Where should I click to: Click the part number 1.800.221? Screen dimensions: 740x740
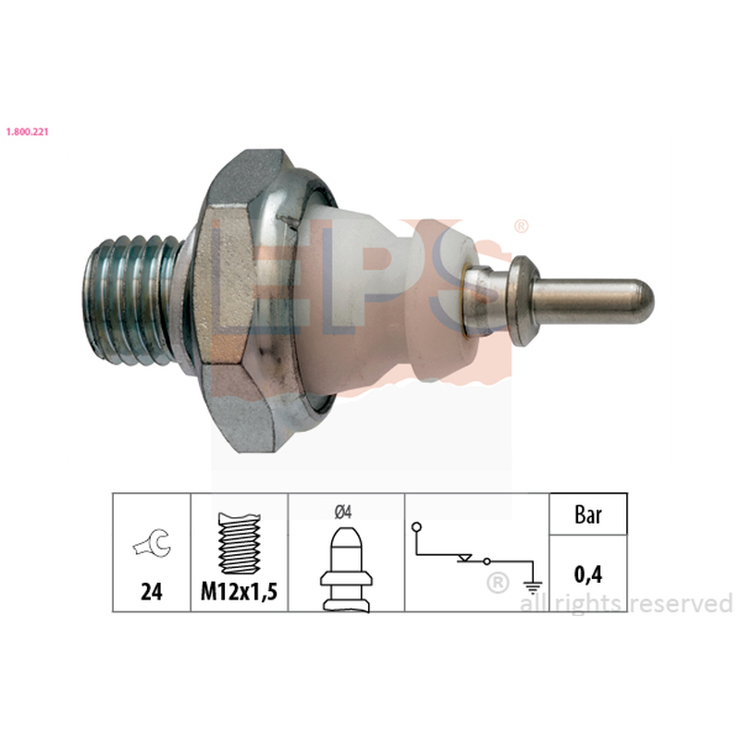click(27, 131)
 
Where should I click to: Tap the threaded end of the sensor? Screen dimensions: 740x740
click(132, 301)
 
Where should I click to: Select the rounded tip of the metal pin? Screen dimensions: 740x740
click(642, 302)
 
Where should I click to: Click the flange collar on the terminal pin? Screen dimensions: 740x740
click(524, 302)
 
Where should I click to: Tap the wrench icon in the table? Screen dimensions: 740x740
click(152, 543)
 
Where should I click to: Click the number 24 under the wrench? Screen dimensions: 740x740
click(152, 591)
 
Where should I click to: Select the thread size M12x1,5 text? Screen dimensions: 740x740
click(240, 591)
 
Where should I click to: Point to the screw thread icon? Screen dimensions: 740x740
click(240, 543)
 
